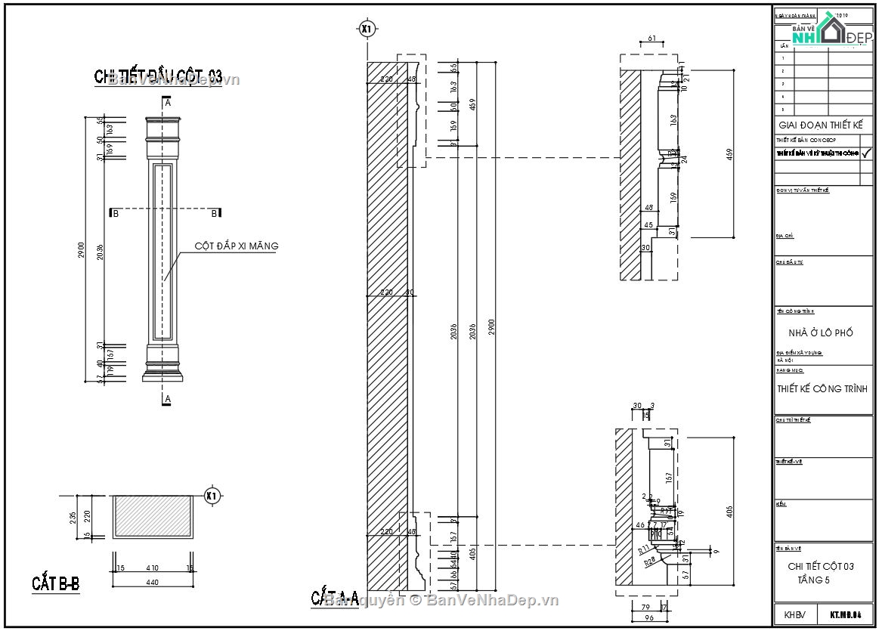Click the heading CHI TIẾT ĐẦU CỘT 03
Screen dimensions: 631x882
click(158, 76)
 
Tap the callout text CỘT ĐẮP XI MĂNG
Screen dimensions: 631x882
click(237, 246)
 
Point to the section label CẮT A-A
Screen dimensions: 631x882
click(335, 597)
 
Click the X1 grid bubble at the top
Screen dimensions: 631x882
click(367, 29)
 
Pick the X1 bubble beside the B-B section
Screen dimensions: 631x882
click(212, 496)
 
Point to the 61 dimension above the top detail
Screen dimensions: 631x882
click(651, 38)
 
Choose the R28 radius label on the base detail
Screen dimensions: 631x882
click(649, 562)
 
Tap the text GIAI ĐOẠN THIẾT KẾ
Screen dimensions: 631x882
click(820, 125)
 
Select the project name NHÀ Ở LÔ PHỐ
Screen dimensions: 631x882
click(820, 333)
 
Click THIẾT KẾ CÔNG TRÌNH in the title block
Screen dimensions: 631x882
click(822, 388)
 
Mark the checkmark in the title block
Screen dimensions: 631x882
click(866, 153)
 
